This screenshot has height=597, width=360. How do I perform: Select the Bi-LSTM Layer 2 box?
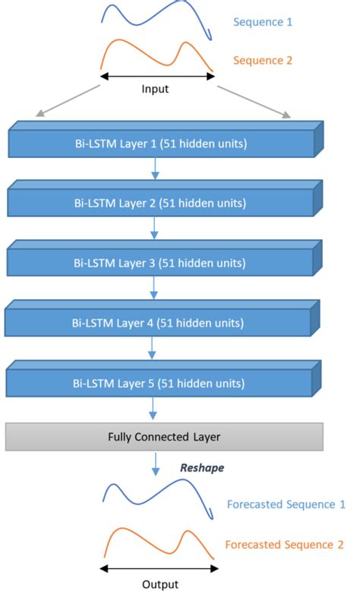pyautogui.click(x=160, y=204)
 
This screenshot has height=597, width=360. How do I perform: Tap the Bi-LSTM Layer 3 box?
pyautogui.click(x=160, y=263)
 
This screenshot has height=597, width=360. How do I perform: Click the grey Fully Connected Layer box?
pyautogui.click(x=165, y=437)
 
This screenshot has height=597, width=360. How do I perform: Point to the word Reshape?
pyautogui.click(x=201, y=468)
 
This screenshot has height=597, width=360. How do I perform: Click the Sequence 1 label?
pyautogui.click(x=262, y=22)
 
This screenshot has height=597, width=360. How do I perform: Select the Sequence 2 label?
pyautogui.click(x=262, y=60)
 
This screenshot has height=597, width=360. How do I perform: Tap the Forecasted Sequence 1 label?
pyautogui.click(x=286, y=504)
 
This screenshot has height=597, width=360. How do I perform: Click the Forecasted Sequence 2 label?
pyautogui.click(x=284, y=545)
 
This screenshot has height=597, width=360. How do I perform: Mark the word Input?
pyautogui.click(x=155, y=89)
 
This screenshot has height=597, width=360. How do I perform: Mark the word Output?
pyautogui.click(x=159, y=584)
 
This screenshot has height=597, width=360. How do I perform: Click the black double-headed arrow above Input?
pyautogui.click(x=157, y=75)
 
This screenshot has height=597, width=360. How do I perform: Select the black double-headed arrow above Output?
pyautogui.click(x=159, y=567)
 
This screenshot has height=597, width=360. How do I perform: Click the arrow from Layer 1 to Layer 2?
pyautogui.click(x=155, y=169)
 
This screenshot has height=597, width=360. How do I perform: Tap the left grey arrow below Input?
pyautogui.click(x=68, y=101)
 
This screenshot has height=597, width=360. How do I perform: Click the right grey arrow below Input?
pyautogui.click(x=254, y=101)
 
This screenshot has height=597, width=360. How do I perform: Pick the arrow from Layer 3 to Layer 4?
pyautogui.click(x=155, y=289)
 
